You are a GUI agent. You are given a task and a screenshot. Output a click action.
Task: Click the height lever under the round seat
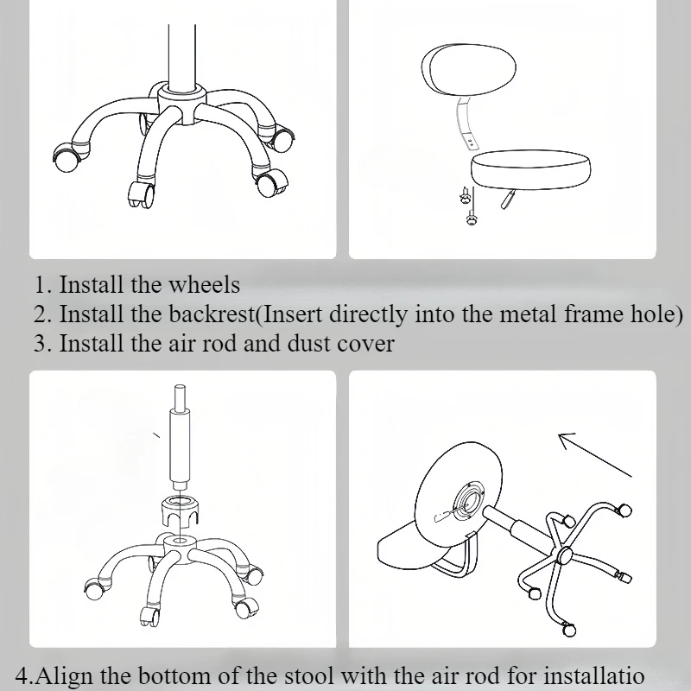pyautogui.click(x=507, y=200)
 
